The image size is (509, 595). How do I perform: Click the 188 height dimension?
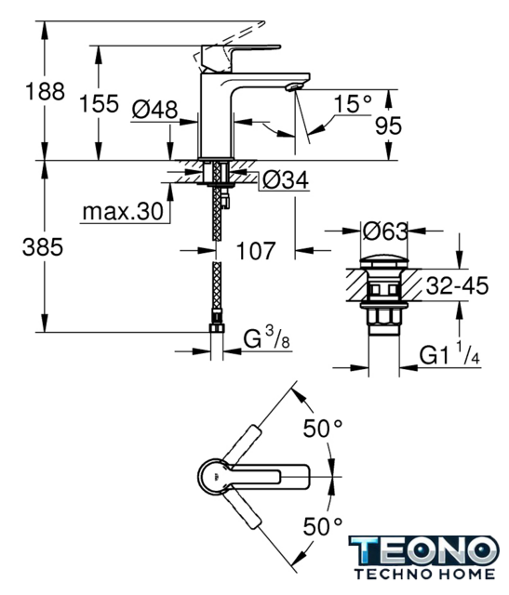(45, 91)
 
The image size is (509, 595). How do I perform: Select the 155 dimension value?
(100, 103)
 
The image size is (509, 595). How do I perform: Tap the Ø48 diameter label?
(154, 110)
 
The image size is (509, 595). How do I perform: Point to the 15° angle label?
(353, 103)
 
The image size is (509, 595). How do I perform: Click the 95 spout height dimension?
(388, 126)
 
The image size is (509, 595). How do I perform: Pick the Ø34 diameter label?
(286, 179)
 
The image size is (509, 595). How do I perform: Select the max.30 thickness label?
(123, 211)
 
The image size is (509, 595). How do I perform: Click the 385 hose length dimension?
(43, 247)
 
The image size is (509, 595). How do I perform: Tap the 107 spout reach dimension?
(255, 251)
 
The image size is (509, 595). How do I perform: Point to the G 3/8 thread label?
(266, 338)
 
